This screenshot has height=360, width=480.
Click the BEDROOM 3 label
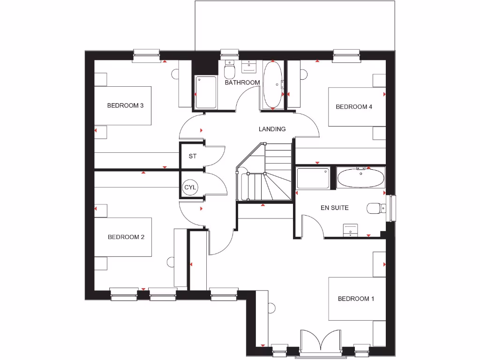point(125,105)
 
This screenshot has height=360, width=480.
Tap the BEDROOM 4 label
point(354,106)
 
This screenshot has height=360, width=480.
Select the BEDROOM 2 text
point(126,237)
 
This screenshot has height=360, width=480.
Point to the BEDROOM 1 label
point(356,299)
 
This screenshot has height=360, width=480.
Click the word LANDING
point(272,129)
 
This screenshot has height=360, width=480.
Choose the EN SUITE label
point(334,208)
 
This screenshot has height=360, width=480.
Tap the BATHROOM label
point(242,82)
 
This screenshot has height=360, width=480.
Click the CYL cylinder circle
point(190,187)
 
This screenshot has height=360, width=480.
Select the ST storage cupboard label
point(192,156)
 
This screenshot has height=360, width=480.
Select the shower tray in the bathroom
point(206,92)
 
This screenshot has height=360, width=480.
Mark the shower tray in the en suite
point(314,179)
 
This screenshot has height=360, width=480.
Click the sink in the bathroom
point(249,67)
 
